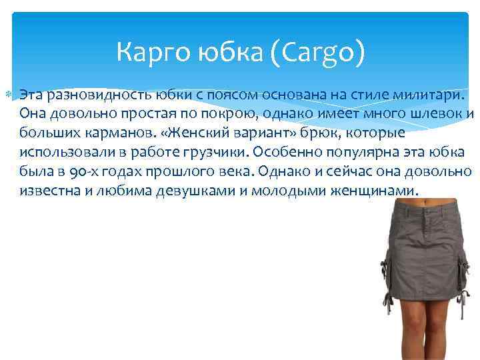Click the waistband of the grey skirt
[x=425, y=213]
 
